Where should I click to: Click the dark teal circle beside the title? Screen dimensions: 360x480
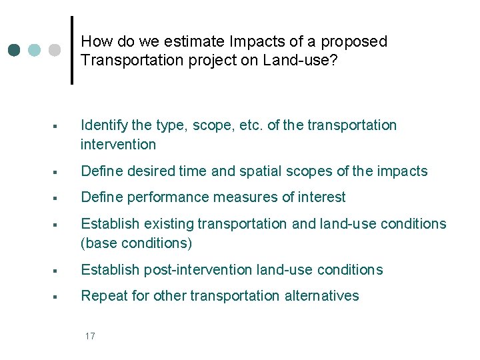14,50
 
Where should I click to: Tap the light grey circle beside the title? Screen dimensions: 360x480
55,50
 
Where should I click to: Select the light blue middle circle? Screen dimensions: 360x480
35,50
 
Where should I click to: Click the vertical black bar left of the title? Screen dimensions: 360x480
71,50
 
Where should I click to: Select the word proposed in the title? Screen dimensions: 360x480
354,41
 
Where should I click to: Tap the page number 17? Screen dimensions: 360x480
90,335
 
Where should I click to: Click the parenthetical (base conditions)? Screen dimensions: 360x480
136,243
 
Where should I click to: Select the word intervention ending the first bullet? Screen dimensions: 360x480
118,144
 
